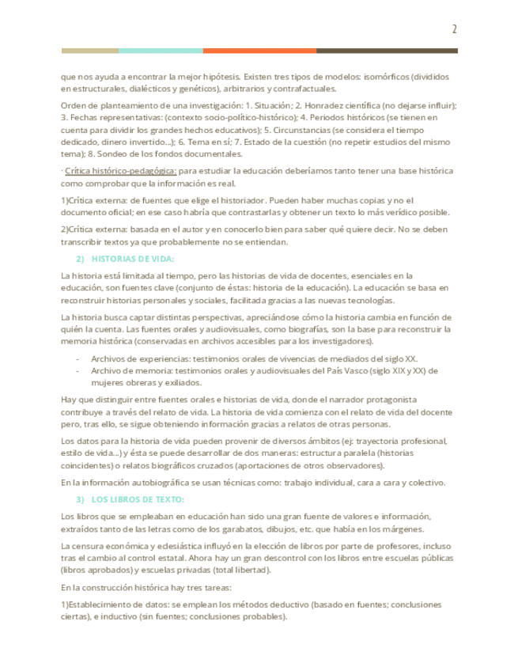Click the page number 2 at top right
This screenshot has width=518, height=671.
click(454, 29)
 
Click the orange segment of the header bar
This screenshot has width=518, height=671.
click(259, 51)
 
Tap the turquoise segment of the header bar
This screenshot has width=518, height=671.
click(161, 51)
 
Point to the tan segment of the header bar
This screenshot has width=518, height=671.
click(89, 51)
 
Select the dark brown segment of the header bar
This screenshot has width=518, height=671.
click(387, 51)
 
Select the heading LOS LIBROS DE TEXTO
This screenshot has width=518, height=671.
click(138, 499)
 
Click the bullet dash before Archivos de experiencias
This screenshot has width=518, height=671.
click(78, 358)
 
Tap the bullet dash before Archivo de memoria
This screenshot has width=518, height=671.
click(78, 370)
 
